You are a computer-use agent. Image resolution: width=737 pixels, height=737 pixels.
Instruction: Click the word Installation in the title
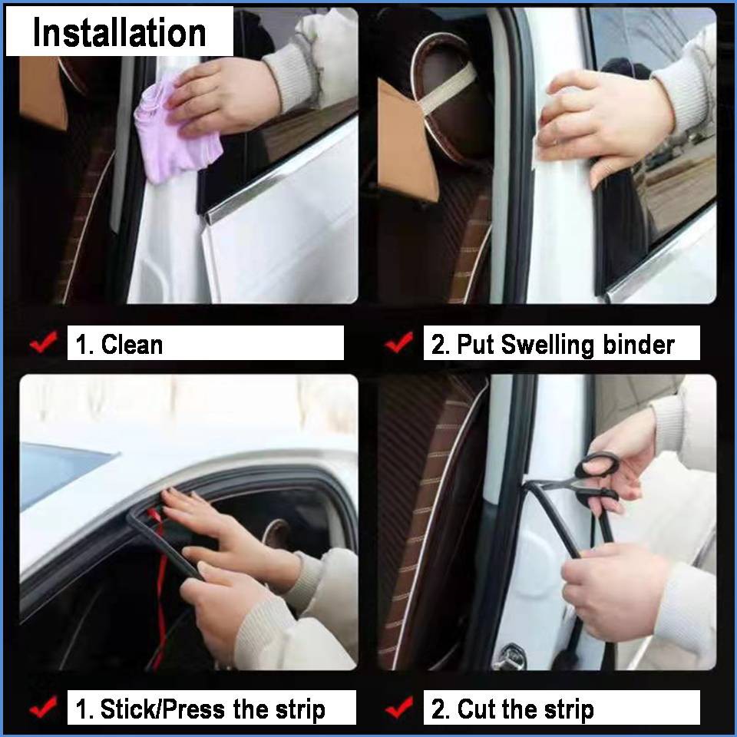tap(120, 32)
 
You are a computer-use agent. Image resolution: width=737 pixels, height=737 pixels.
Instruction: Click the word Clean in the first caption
tap(132, 344)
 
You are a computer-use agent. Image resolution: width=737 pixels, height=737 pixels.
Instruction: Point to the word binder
tap(639, 344)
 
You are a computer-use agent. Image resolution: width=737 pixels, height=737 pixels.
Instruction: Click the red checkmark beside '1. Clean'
tap(44, 342)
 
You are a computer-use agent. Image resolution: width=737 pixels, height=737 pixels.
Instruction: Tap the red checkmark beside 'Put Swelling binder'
tap(399, 342)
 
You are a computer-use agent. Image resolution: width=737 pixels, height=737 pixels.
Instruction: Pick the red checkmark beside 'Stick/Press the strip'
tap(44, 707)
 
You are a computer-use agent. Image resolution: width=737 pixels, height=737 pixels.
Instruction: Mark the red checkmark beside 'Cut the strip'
tap(399, 707)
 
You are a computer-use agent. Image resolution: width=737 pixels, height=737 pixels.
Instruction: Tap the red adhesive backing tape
tap(158, 583)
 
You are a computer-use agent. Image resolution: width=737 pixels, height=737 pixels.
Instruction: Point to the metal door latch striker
tap(509, 655)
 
